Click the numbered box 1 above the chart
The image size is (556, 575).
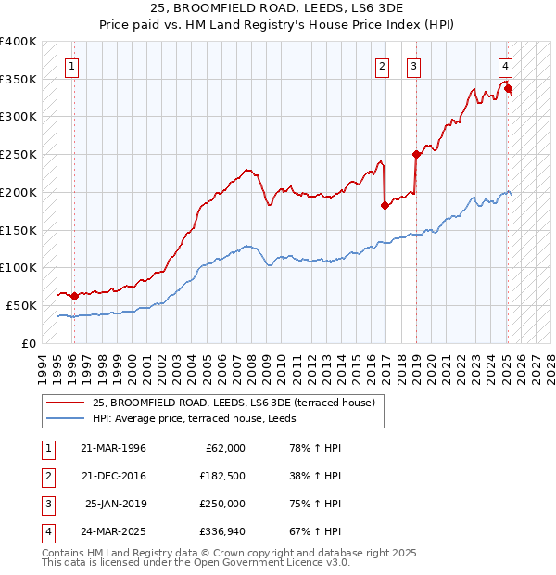(71, 66)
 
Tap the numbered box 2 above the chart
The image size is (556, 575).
(382, 66)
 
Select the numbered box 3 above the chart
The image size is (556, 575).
(412, 66)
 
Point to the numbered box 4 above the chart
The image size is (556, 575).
(505, 66)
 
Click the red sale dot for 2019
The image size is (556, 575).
(416, 155)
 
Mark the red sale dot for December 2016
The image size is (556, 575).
(385, 206)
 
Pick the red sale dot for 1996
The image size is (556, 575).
(74, 296)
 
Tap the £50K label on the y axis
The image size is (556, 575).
(22, 305)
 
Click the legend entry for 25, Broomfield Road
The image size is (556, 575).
(233, 402)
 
